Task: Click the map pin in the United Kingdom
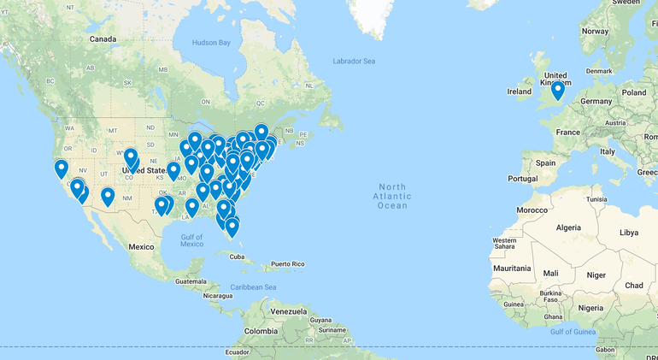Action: pyautogui.click(x=558, y=89)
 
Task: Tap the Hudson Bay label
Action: pyautogui.click(x=211, y=42)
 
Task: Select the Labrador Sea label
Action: pyautogui.click(x=354, y=61)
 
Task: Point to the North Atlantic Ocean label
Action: pyautogui.click(x=392, y=196)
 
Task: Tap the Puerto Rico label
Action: pyautogui.click(x=287, y=264)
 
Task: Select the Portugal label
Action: pyautogui.click(x=522, y=179)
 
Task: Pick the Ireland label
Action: pyautogui.click(x=519, y=91)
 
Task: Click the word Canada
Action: pyautogui.click(x=103, y=39)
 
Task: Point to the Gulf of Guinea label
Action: pyautogui.click(x=572, y=331)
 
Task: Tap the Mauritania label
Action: pyautogui.click(x=511, y=269)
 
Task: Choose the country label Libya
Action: pyautogui.click(x=628, y=232)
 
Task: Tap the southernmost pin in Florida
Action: pyautogui.click(x=232, y=227)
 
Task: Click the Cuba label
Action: pyautogui.click(x=237, y=256)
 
